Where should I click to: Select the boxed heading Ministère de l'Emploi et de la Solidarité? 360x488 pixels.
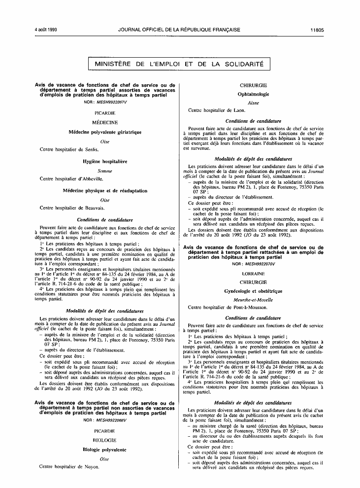(x=179, y=64)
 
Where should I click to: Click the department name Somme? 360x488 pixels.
(x=104, y=171)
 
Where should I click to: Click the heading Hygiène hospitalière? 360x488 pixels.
(x=104, y=162)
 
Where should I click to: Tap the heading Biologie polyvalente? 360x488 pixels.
(x=104, y=450)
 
